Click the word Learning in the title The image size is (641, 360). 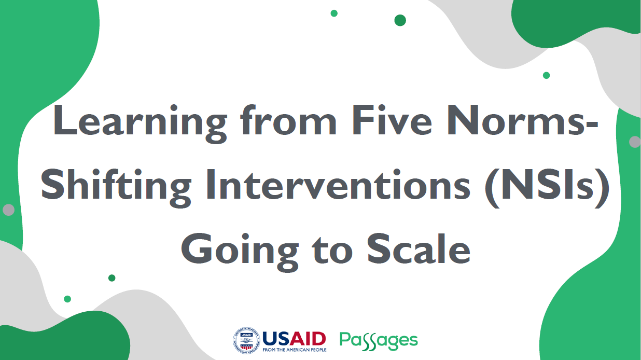140,123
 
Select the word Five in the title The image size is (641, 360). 392,120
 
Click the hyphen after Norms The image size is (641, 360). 592,125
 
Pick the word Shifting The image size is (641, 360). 116,188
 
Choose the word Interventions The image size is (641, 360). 338,184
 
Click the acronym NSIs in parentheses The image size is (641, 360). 547,185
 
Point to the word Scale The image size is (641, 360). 419,248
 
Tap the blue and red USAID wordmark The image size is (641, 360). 294,339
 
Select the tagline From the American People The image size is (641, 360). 295,350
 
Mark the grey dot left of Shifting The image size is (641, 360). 9,210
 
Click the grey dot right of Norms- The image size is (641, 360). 635,142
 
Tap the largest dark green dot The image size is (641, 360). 400,20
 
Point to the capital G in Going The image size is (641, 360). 196,248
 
